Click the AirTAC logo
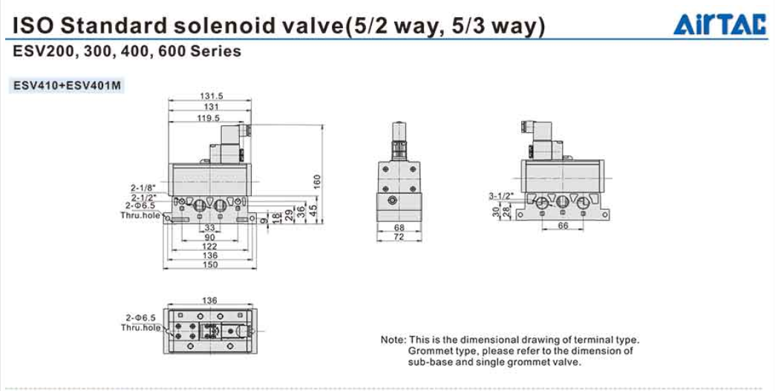[x=719, y=24]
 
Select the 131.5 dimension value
[x=210, y=96]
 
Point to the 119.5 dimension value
[x=210, y=119]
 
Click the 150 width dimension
[x=210, y=265]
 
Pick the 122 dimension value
[x=210, y=246]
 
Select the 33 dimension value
[x=210, y=228]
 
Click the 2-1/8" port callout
[x=143, y=188]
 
